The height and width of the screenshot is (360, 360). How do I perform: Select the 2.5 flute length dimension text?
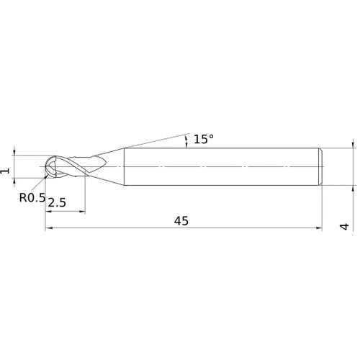[x=57, y=204]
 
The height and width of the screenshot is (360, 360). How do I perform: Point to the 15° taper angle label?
[x=204, y=139]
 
